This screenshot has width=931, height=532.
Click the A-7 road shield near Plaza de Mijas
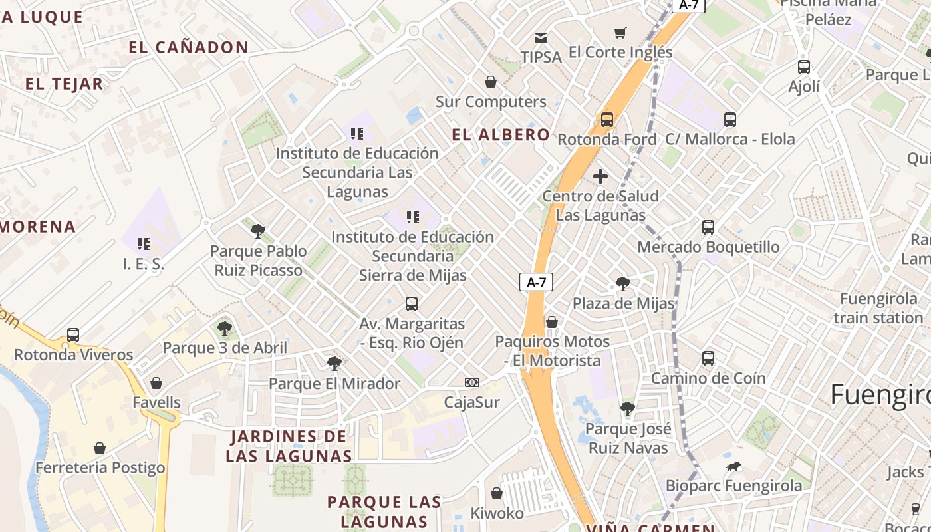[x=536, y=282]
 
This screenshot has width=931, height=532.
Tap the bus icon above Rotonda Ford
[x=606, y=120]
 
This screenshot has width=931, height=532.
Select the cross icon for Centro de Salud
[x=600, y=176]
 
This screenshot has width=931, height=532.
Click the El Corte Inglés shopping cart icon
[x=620, y=33]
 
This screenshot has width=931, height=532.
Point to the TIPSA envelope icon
[x=541, y=38]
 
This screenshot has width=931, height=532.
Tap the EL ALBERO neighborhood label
[x=501, y=135]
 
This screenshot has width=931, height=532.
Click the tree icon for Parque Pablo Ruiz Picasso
[x=258, y=231]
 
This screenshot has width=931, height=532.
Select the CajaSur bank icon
[x=471, y=382]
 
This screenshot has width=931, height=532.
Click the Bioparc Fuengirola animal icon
[x=733, y=467]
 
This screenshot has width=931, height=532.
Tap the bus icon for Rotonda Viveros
[x=73, y=335]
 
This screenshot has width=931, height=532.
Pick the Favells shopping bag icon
[x=156, y=383]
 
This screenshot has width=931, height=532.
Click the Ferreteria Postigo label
[x=100, y=467]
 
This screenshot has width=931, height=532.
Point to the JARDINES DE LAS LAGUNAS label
[x=289, y=446]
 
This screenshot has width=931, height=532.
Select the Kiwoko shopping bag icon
[x=497, y=493]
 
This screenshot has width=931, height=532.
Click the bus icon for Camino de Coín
[x=708, y=358]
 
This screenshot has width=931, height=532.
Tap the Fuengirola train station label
[x=878, y=308]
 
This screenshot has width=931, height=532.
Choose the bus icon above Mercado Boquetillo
[x=708, y=227]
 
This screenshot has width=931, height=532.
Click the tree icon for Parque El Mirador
[x=334, y=364]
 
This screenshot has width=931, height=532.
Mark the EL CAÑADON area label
[x=188, y=48]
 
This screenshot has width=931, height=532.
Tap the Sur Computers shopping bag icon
[x=491, y=82]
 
